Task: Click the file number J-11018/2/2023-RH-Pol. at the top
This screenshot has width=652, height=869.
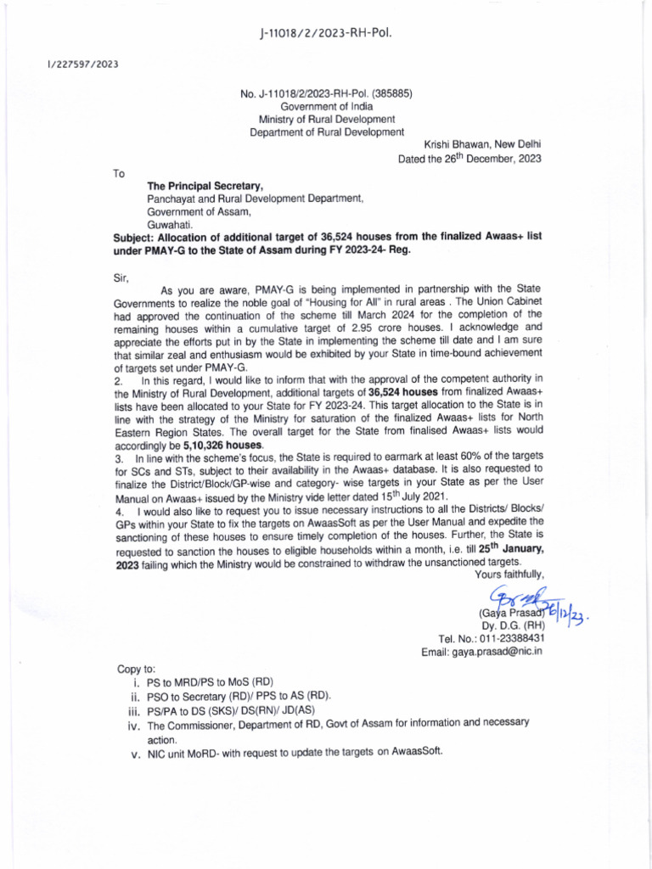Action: (326, 33)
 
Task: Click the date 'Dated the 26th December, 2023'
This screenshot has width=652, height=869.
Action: (469, 158)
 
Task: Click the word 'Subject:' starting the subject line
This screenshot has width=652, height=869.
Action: (134, 238)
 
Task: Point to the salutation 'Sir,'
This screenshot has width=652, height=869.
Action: (121, 277)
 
